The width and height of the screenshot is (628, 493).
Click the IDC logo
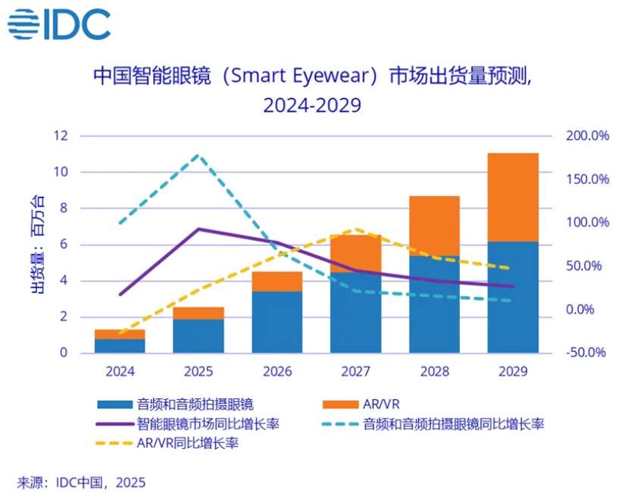[x=59, y=24]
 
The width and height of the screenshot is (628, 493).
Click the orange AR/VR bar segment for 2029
[x=513, y=197]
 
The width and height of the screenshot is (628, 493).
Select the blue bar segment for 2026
[x=277, y=322]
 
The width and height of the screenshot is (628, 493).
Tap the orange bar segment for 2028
[x=434, y=226]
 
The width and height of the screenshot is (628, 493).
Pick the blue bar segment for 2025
[x=198, y=335]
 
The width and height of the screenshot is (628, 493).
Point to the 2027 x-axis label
[x=355, y=372]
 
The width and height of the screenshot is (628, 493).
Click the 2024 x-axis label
[x=120, y=372]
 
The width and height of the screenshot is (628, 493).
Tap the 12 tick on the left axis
[x=60, y=136]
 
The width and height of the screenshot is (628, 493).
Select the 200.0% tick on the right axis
[x=588, y=136]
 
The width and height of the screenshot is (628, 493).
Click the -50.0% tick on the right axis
[x=588, y=353]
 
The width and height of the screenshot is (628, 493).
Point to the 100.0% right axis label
[x=588, y=223]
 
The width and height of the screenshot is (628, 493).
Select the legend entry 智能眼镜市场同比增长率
[x=205, y=424]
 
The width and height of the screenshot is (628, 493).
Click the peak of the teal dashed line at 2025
[x=198, y=155]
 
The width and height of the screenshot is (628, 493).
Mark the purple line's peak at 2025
[x=198, y=229]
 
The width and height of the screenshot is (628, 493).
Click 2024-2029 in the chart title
[x=311, y=105]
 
